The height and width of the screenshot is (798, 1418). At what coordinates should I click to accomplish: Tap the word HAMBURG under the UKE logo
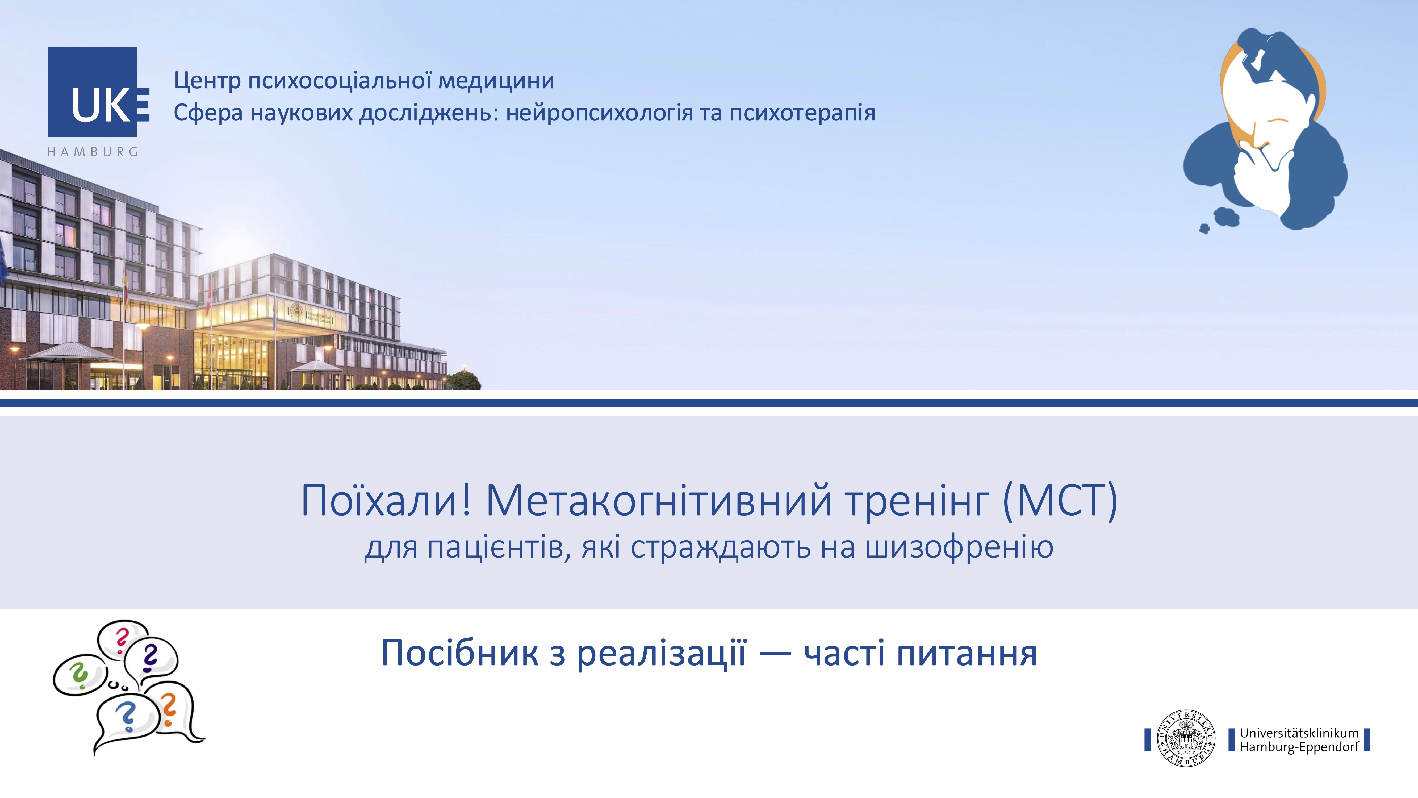(93, 152)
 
